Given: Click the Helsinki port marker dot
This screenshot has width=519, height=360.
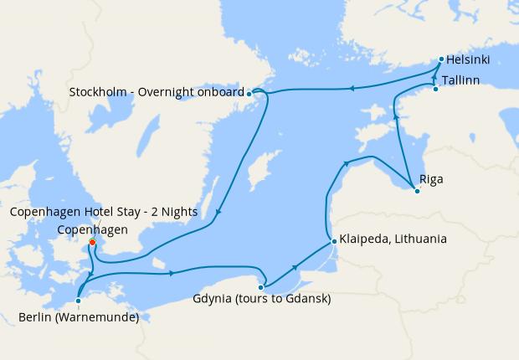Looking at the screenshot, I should [441, 59].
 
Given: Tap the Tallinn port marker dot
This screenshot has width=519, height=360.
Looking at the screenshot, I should [435, 89].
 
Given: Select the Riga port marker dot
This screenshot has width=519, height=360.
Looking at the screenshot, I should [417, 191].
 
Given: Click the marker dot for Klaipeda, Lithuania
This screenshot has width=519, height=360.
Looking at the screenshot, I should [334, 241].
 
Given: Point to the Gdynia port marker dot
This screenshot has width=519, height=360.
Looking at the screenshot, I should [261, 287].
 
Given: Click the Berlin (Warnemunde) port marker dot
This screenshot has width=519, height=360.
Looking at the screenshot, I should [77, 300].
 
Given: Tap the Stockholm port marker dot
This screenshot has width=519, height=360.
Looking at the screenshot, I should [249, 95].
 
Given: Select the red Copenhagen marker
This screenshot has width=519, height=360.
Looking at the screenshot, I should [92, 244].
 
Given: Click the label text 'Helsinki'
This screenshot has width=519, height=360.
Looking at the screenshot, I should [468, 59].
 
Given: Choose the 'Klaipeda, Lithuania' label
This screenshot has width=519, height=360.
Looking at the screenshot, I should [393, 239].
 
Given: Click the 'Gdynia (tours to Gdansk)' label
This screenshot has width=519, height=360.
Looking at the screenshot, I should [261, 300].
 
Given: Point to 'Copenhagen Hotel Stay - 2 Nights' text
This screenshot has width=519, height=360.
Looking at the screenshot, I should [104, 213].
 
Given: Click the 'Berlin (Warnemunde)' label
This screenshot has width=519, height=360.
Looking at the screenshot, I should [78, 316].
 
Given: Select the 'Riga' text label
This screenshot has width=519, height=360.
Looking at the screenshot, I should [432, 179].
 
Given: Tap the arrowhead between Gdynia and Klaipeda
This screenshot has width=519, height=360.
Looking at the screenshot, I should [295, 266].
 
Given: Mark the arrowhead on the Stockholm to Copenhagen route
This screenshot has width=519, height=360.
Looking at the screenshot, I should [218, 213].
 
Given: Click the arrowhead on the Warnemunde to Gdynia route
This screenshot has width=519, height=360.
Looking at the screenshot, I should [172, 273].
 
